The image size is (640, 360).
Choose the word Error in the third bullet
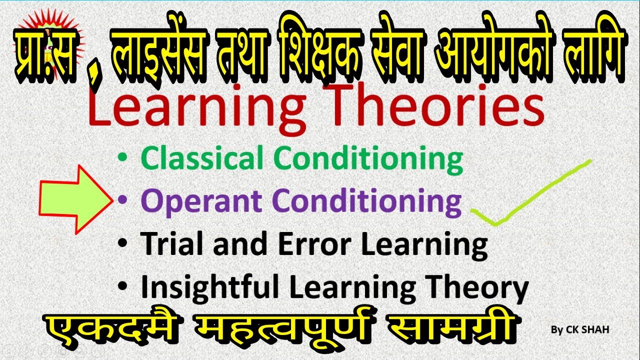[x=315, y=243]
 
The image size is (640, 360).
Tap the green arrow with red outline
[x=75, y=199]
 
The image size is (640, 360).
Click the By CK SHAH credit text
[x=579, y=329]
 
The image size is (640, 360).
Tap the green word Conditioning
[x=370, y=159]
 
